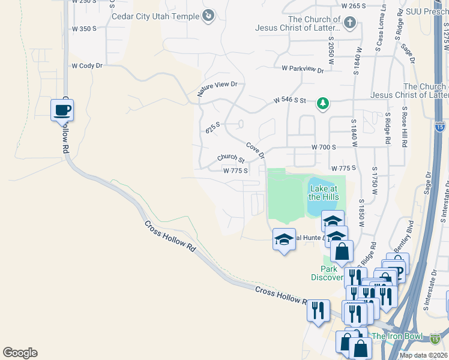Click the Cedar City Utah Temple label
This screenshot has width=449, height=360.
(155, 16)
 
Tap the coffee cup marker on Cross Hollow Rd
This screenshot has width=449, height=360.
(62, 110)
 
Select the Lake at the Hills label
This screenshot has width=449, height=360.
(324, 193)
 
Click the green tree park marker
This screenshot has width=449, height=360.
(323, 103)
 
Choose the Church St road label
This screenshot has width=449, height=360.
(231, 158)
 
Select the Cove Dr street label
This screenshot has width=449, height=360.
(256, 150)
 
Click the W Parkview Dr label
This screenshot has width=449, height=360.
(303, 70)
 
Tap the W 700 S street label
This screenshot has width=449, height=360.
(324, 147)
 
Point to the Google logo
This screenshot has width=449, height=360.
(20, 353)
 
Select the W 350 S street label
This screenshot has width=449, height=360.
(84, 28)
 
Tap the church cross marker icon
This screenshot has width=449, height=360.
(350, 23)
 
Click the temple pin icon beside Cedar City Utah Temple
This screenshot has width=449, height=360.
(208, 16)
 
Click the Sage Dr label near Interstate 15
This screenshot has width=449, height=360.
(428, 184)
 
